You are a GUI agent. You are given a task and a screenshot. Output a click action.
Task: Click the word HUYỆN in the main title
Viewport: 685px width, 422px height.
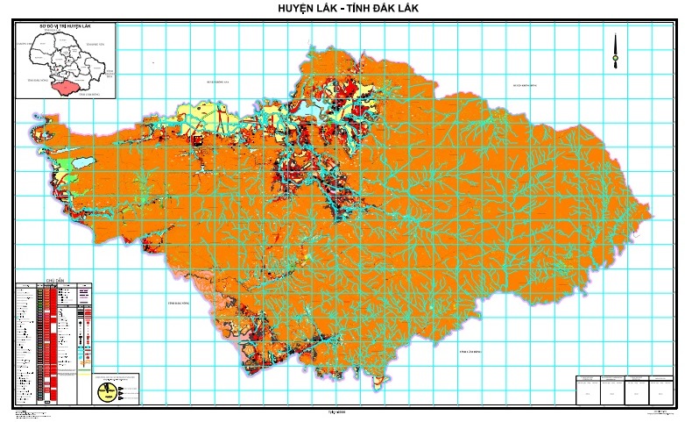pyautogui.click(x=298, y=8)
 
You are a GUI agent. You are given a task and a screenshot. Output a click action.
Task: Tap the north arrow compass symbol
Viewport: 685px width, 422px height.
pyautogui.click(x=616, y=51)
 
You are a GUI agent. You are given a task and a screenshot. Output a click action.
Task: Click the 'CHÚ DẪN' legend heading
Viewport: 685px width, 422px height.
pyautogui.click(x=54, y=283)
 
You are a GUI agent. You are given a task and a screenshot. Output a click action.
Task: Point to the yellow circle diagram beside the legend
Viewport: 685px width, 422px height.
pyautogui.click(x=108, y=389)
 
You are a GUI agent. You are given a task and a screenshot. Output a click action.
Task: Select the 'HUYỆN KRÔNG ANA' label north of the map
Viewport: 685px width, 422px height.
pyautogui.click(x=216, y=82)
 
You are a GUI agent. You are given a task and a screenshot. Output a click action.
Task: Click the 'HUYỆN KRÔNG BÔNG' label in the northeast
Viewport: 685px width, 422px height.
pyautogui.click(x=524, y=85)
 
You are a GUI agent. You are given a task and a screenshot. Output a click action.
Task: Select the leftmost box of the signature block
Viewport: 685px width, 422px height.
pyautogui.click(x=588, y=389)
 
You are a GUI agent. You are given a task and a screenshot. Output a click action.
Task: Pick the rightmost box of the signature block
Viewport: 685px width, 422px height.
pyautogui.click(x=659, y=389)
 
